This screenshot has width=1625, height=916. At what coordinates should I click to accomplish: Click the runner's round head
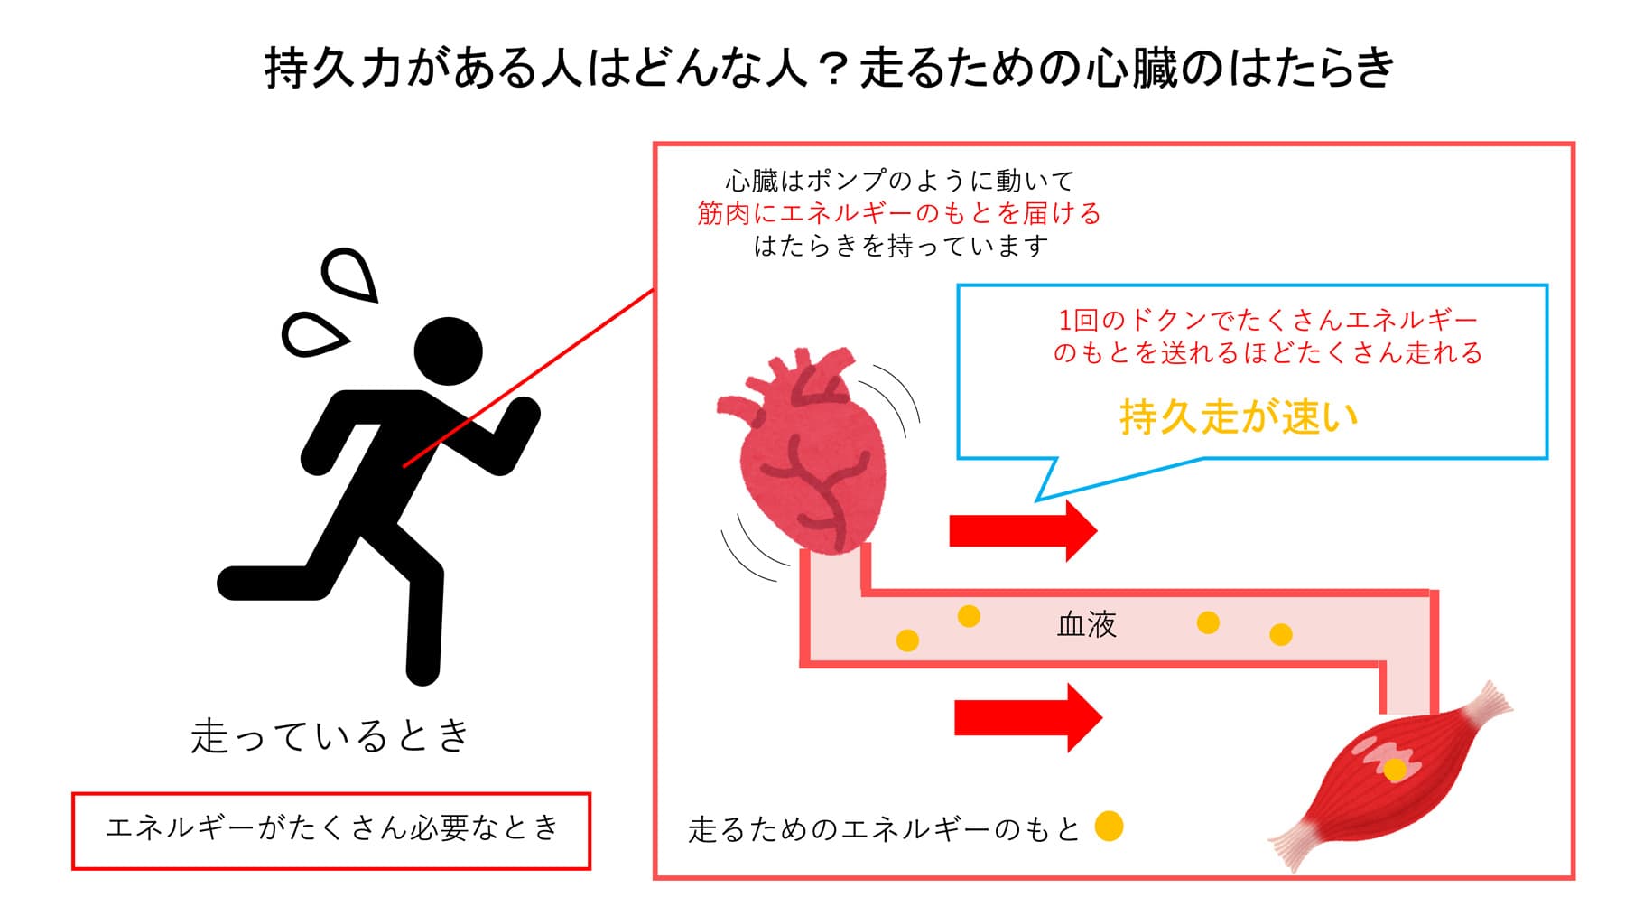pos(448,351)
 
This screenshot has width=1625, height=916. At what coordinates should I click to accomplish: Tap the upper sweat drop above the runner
pos(351,275)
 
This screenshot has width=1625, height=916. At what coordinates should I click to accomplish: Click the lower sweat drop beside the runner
pos(311,334)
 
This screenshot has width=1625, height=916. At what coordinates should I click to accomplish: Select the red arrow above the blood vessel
pos(1022,530)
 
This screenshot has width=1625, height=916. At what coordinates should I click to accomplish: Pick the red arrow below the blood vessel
pos(1027,717)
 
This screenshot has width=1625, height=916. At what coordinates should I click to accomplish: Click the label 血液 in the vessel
pos(1086,624)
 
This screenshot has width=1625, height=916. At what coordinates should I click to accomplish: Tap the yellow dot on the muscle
pos(1395,770)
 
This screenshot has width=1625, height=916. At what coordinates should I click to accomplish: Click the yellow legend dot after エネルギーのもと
pos(1109,826)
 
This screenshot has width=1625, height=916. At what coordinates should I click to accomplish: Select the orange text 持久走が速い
pos(1239,416)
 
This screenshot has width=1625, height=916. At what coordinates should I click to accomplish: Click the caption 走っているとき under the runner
pos(330,735)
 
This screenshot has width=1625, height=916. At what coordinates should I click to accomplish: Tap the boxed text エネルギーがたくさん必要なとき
pos(331,828)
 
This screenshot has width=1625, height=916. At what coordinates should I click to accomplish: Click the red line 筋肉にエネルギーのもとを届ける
pos(898,214)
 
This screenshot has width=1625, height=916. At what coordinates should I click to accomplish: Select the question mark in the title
pos(834,69)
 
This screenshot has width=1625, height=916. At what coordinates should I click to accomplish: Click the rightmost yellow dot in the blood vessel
pos(1280,634)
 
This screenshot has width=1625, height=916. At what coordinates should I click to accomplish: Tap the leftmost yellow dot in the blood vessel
pos(907,640)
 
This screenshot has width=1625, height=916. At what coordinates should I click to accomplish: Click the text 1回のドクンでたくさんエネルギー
pos(1267,320)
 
